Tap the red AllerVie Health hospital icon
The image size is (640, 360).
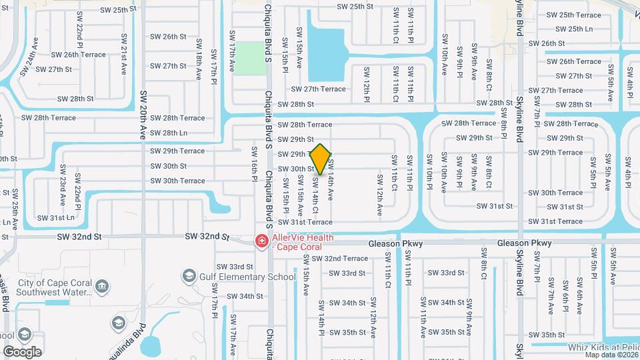point(262,241)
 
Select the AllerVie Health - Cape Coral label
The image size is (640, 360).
point(302,241)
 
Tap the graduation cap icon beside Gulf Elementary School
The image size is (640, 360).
point(189,276)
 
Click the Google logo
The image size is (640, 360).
point(22,351)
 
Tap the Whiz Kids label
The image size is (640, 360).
point(603,347)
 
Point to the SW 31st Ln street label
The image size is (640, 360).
point(55,218)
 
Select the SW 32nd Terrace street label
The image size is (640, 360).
point(339,259)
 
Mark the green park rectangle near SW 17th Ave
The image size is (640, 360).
point(249,58)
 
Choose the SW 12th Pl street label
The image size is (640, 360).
point(366,85)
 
